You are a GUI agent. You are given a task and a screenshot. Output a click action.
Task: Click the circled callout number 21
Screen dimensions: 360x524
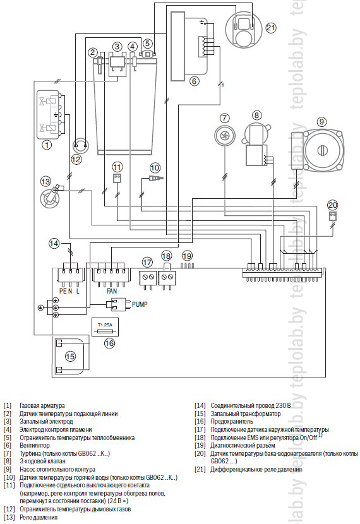click(x=271, y=28)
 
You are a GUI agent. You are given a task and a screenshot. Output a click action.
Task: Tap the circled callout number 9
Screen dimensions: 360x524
click(x=321, y=122)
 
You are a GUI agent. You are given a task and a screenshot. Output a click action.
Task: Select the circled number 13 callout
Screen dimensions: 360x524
click(x=45, y=181)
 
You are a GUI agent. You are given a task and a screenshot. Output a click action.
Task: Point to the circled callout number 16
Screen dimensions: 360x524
click(x=109, y=343)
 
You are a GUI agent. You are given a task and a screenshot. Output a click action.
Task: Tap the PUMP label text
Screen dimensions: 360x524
click(x=140, y=304)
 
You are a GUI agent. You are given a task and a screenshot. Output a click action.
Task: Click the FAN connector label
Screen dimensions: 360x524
click(x=112, y=291)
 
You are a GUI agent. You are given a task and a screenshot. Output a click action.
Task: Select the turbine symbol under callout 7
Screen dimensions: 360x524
click(x=224, y=134)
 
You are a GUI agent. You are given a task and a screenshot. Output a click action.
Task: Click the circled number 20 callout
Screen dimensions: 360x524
click(x=333, y=205)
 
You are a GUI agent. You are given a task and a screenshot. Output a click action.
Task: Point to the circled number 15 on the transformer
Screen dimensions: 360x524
click(x=70, y=356)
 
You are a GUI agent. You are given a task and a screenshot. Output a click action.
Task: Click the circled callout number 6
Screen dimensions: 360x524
click(x=195, y=81)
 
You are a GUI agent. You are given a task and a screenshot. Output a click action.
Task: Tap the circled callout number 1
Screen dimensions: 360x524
click(x=47, y=145)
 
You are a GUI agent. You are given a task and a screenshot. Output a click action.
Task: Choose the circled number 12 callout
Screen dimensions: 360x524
click(x=76, y=159)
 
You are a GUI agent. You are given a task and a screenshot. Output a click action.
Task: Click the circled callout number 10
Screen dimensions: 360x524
click(x=155, y=167)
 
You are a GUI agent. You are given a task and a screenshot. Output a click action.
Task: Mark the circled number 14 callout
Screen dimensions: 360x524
click(x=54, y=243)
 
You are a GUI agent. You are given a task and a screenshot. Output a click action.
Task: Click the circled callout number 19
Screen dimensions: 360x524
click(x=187, y=256)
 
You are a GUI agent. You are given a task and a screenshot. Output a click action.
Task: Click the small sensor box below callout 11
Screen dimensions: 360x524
click(x=117, y=178)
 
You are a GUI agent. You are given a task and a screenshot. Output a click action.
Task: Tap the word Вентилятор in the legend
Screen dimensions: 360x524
click(x=35, y=446)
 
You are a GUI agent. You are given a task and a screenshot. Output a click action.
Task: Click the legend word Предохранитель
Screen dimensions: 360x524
click(x=232, y=422)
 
